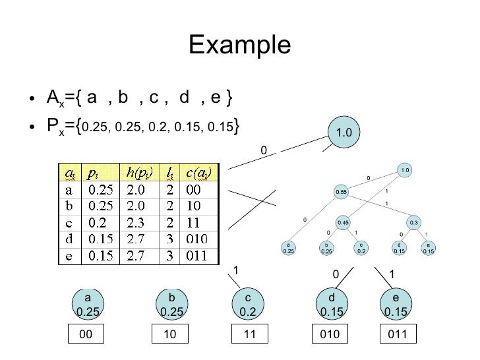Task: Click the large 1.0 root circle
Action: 344,133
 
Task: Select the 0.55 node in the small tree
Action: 341,191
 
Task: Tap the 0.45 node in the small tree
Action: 343,223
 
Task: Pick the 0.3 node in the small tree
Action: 414,223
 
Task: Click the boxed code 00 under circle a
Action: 85,335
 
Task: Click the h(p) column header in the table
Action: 137,173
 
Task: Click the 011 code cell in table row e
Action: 194,254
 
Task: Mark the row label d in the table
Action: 69,238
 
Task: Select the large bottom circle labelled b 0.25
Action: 170,303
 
